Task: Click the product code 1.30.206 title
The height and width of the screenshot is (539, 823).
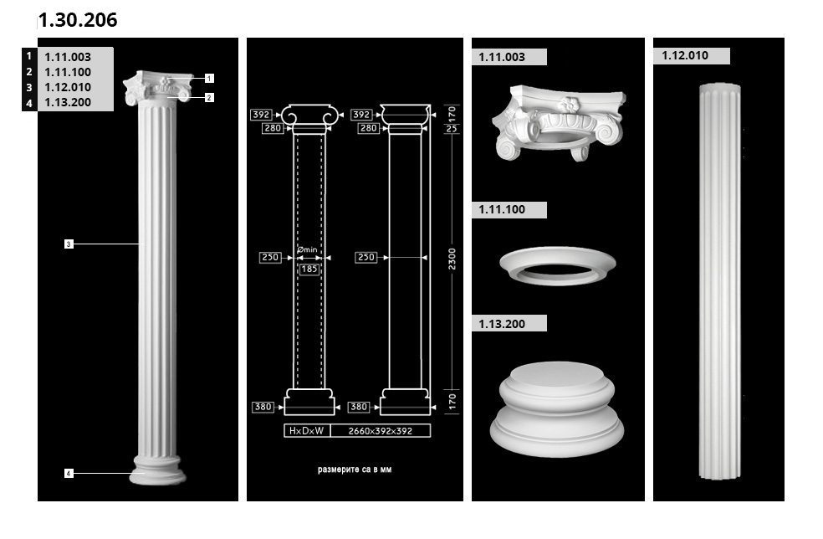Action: [x=78, y=20]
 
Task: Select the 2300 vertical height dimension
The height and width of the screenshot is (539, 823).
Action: [x=452, y=259]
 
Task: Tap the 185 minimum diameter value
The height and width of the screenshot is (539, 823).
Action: [x=309, y=269]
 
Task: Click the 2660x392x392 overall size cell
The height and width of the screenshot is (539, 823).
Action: [x=381, y=431]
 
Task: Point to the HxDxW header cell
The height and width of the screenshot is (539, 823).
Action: [x=307, y=431]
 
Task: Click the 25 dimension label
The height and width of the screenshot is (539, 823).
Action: [x=452, y=128]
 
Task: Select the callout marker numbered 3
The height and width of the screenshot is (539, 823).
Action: [x=69, y=244]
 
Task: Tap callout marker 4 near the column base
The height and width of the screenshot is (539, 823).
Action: [x=69, y=474]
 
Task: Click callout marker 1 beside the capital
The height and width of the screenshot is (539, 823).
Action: [x=209, y=79]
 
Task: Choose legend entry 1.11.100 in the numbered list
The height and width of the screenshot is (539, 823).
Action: [x=68, y=72]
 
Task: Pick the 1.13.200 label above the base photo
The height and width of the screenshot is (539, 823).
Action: [x=502, y=324]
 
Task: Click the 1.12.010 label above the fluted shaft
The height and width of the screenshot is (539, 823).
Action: [x=685, y=55]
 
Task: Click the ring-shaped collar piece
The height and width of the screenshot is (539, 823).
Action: [x=557, y=266]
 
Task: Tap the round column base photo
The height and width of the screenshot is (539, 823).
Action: [x=557, y=408]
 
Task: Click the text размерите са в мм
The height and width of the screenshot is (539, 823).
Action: [x=355, y=470]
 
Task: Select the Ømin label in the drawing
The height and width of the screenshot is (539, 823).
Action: [x=307, y=249]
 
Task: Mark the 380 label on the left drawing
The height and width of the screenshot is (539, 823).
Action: [x=263, y=407]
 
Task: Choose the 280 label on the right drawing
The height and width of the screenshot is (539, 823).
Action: [x=369, y=128]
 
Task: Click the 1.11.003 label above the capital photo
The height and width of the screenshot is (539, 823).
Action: [x=502, y=57]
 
